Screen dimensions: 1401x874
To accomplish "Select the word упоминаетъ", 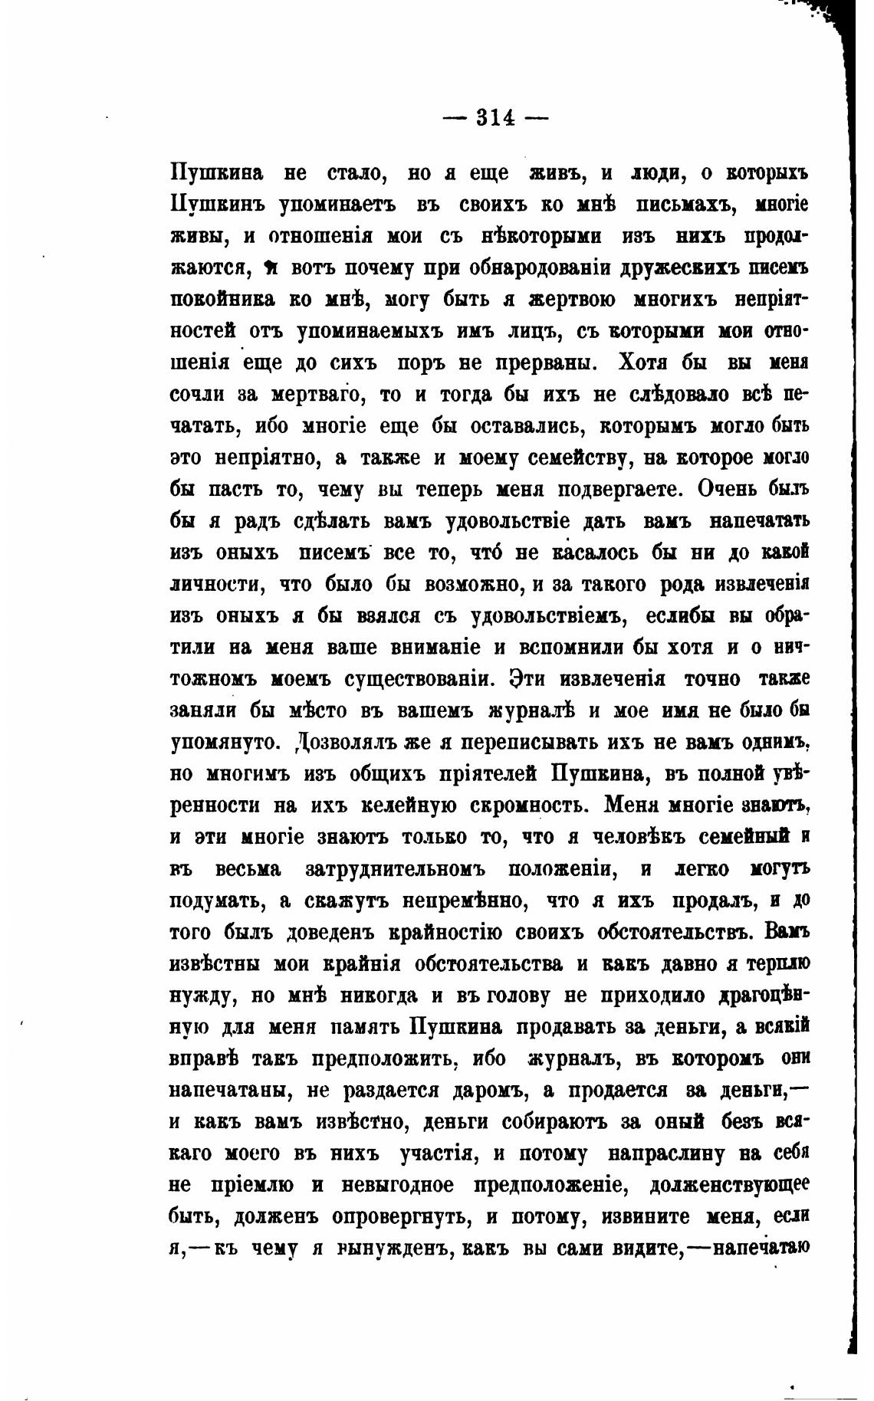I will tap(325, 205).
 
